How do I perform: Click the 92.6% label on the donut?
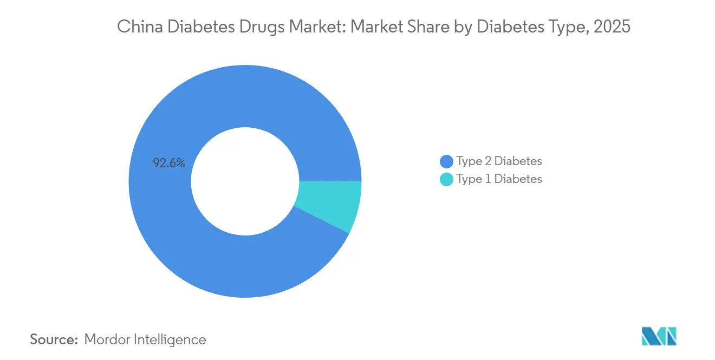[169, 163]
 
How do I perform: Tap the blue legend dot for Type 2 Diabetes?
[447, 161]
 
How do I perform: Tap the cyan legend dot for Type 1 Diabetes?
[447, 179]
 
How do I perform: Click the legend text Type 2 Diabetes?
[499, 161]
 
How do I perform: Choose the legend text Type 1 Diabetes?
[499, 179]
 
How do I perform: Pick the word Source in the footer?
[54, 340]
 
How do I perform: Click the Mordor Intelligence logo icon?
[659, 336]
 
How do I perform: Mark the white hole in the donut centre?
[245, 181]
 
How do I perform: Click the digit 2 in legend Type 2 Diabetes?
[486, 161]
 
